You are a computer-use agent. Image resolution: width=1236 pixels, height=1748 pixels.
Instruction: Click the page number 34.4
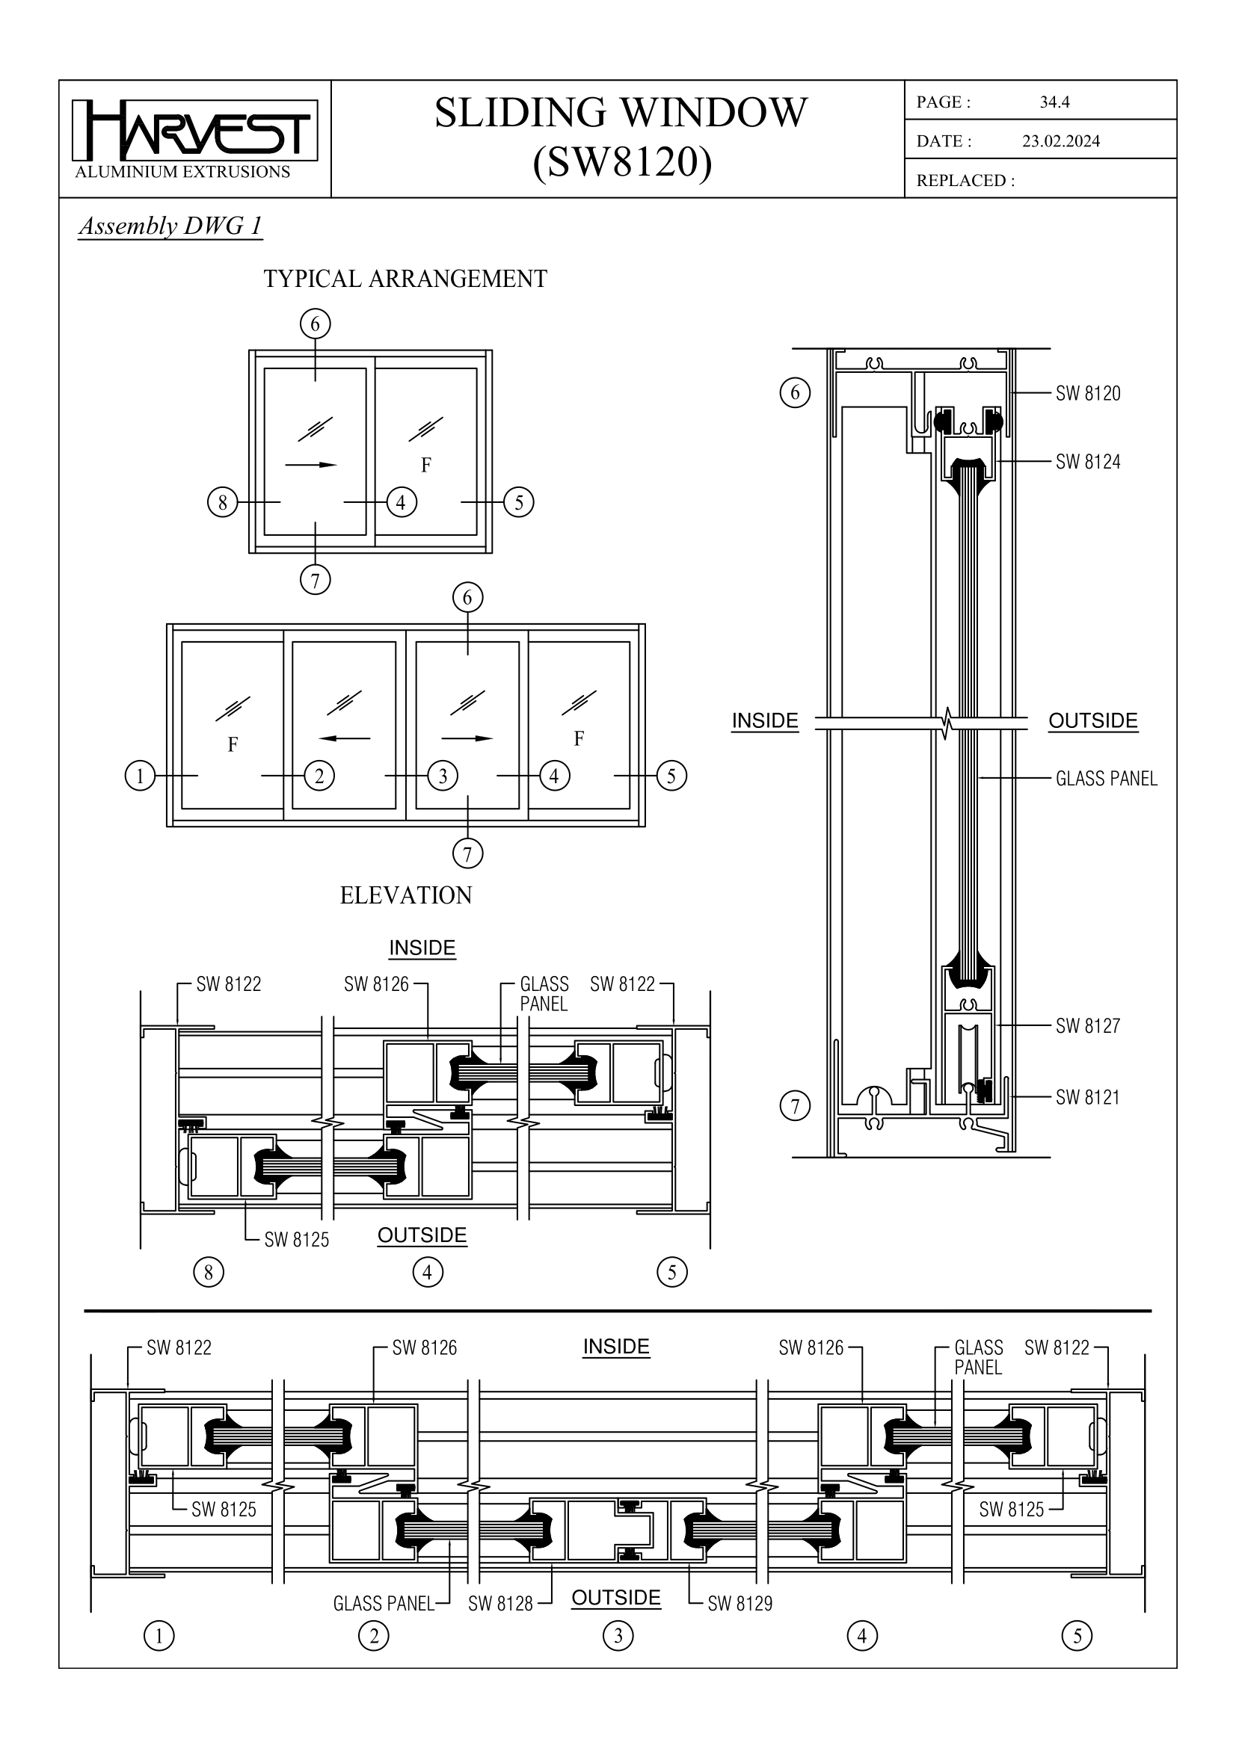[1054, 102]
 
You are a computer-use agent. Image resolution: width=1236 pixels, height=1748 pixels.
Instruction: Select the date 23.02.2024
[1060, 140]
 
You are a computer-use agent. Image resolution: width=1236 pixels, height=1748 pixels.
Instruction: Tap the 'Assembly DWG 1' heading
[170, 226]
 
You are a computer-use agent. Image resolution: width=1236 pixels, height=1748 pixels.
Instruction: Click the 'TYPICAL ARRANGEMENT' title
[405, 280]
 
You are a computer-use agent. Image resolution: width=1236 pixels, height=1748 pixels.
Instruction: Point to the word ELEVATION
[405, 895]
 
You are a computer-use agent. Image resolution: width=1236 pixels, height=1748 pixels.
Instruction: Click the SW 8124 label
[1087, 462]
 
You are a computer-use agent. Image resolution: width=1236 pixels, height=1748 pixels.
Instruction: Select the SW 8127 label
[1087, 1026]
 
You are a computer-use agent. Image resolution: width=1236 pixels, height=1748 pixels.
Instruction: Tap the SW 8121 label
[1087, 1098]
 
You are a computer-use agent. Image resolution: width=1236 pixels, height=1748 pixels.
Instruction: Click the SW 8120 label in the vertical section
[1087, 394]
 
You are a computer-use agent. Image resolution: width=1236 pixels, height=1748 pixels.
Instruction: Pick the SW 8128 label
[500, 1604]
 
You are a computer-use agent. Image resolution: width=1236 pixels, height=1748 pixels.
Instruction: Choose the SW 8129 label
[740, 1604]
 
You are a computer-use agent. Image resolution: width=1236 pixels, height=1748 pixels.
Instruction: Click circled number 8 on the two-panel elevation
[222, 502]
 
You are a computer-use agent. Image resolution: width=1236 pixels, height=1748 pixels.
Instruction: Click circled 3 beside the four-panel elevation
[443, 776]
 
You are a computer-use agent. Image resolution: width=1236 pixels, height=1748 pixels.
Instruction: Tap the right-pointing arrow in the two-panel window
[311, 464]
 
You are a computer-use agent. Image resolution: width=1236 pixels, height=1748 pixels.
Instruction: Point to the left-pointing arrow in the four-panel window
[344, 738]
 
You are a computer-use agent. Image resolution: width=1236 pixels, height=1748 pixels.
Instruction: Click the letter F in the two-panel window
[425, 464]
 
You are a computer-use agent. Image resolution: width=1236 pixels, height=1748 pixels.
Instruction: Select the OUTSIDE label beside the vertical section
[1092, 721]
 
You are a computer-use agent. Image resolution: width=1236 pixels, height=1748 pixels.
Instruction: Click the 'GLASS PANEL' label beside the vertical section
[1106, 779]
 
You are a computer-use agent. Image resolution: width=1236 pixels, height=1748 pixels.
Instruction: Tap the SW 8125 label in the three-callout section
[296, 1241]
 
